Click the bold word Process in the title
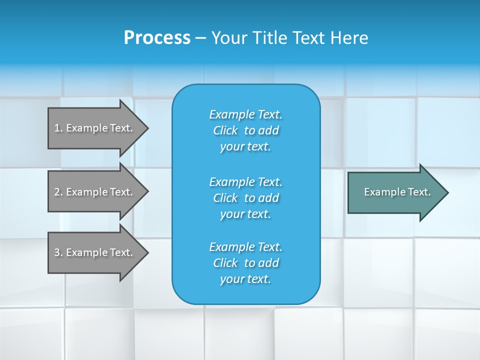pyautogui.click(x=157, y=38)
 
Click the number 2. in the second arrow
pyautogui.click(x=58, y=192)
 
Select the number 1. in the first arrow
pyautogui.click(x=58, y=128)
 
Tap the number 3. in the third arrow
pyautogui.click(x=58, y=252)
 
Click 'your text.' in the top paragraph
pyautogui.click(x=245, y=147)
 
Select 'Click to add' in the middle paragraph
pyautogui.click(x=245, y=198)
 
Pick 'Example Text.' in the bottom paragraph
pyautogui.click(x=245, y=247)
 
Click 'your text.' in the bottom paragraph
pyautogui.click(x=245, y=279)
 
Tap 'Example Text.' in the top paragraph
pyautogui.click(x=245, y=114)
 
